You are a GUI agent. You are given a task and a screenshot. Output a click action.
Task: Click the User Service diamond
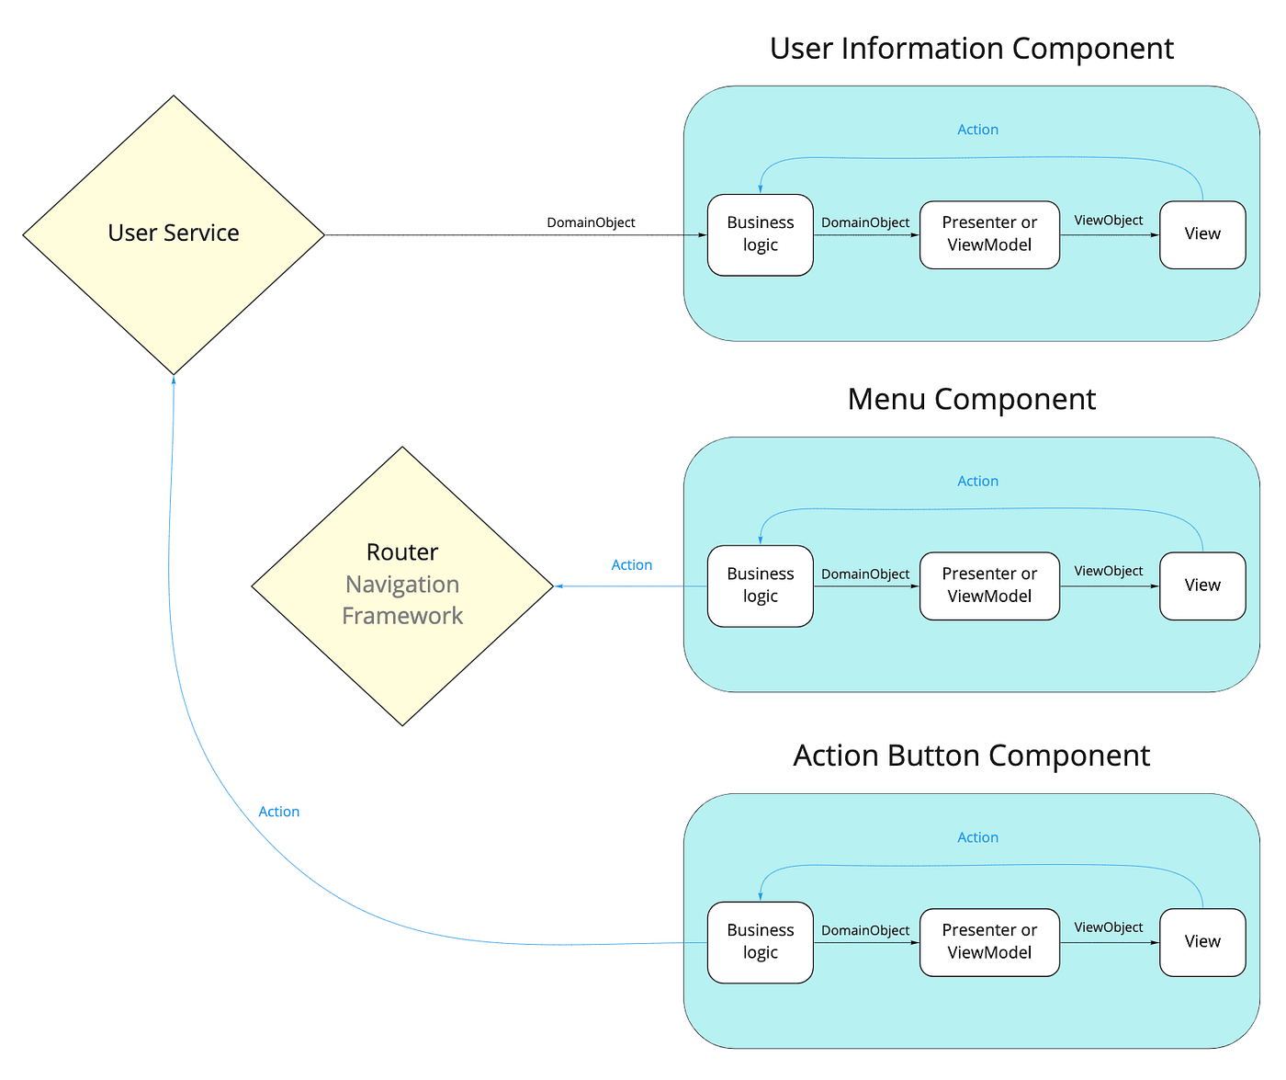click(174, 234)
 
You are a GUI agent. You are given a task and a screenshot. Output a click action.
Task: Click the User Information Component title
click(971, 49)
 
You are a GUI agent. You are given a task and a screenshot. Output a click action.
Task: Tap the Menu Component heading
click(971, 400)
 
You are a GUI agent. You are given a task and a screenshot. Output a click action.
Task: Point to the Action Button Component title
click(971, 756)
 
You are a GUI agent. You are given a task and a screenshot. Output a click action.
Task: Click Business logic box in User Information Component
click(760, 234)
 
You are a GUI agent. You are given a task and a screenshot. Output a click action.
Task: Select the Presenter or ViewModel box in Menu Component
click(989, 585)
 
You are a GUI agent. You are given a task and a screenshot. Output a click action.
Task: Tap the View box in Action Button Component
click(1202, 942)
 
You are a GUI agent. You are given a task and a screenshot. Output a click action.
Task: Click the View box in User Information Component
click(1202, 234)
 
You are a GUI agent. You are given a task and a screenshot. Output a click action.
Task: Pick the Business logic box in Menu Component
click(760, 585)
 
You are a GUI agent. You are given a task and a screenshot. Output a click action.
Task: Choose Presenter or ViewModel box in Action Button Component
click(989, 942)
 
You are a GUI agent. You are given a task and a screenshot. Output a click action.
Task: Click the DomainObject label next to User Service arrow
click(591, 222)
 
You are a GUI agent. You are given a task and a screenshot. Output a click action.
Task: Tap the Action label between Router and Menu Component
click(632, 565)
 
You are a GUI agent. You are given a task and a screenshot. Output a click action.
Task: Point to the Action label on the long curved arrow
click(278, 812)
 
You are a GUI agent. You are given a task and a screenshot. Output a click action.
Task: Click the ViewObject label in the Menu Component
click(1108, 571)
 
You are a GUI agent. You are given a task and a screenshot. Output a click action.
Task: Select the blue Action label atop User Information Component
click(977, 130)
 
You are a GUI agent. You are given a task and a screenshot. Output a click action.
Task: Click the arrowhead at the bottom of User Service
click(174, 380)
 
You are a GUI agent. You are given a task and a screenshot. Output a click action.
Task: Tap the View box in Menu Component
click(1202, 585)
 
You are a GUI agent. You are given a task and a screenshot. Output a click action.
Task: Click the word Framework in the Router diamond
click(402, 616)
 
